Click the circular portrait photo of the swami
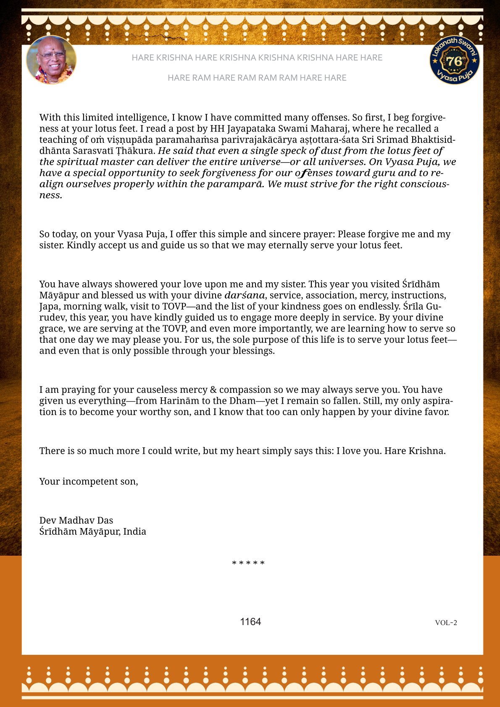click(x=51, y=60)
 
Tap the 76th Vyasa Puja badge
click(x=455, y=60)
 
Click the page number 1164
click(x=250, y=622)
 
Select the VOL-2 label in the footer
click(x=446, y=623)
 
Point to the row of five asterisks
click(x=248, y=563)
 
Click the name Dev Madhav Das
click(x=76, y=520)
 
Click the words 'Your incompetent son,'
click(x=89, y=481)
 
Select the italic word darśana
click(x=245, y=295)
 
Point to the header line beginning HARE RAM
click(x=257, y=78)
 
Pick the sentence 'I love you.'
click(x=359, y=451)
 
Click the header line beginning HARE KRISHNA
click(x=257, y=58)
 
